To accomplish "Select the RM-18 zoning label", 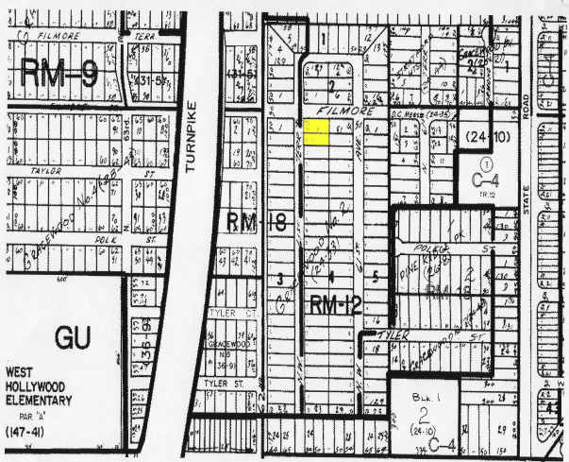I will tap(250, 222).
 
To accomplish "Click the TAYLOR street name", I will tap(45, 172).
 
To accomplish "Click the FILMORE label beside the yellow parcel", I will tap(337, 111).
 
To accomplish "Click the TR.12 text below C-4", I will tap(479, 194).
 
